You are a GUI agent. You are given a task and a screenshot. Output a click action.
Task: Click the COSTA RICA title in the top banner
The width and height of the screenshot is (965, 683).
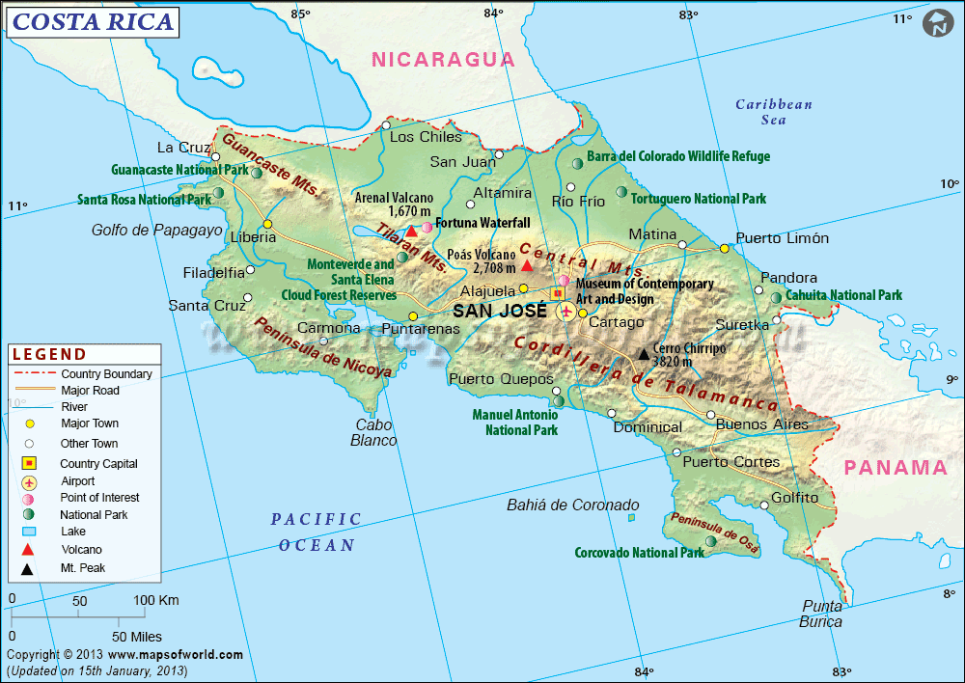pos(93,21)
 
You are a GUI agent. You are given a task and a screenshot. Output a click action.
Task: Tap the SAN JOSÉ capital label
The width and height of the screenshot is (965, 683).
pos(500,311)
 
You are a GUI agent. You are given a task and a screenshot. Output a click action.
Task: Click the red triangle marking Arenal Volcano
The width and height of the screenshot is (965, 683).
pos(411,231)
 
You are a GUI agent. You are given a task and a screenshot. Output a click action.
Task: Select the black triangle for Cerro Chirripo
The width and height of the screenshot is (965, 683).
pos(644,354)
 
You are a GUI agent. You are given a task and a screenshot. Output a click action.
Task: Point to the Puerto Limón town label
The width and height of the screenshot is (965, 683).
pos(782,238)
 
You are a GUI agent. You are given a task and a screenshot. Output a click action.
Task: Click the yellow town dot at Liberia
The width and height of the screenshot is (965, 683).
pos(267,225)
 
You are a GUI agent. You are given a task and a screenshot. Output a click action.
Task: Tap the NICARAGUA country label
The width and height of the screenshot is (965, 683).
pos(444,59)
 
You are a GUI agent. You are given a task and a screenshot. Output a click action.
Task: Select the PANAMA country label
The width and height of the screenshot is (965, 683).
pos(896,468)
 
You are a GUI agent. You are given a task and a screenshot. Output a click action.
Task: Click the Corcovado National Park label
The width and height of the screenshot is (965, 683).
pos(639,553)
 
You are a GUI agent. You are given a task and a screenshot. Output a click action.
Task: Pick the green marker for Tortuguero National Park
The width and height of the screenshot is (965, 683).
pos(620,192)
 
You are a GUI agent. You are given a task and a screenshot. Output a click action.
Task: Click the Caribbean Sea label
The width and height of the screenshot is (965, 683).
pos(774,112)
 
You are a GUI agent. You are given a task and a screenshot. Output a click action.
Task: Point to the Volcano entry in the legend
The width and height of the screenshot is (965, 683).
pos(81,550)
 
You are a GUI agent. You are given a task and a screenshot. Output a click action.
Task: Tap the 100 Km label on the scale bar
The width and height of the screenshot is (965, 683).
pos(155,601)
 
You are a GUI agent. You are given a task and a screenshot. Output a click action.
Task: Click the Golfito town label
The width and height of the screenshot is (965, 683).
pos(794,498)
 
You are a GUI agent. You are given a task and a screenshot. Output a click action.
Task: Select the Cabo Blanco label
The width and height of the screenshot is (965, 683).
pos(375,432)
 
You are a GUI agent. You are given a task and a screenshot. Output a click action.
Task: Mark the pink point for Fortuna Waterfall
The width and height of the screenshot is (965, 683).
pos(427,227)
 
